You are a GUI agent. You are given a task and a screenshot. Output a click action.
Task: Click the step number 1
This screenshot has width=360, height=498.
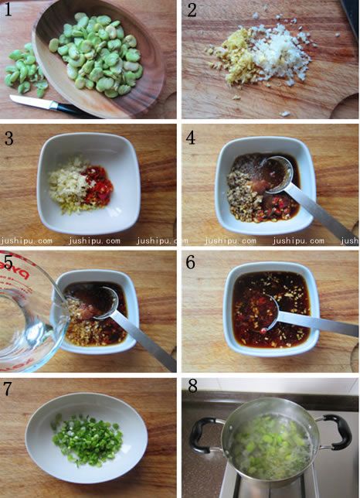pyautogui.click(x=8, y=10)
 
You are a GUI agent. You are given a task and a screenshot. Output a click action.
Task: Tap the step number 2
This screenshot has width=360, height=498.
pyautogui.click(x=192, y=10)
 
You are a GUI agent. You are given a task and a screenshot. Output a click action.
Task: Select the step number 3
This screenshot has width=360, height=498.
pyautogui.click(x=8, y=138)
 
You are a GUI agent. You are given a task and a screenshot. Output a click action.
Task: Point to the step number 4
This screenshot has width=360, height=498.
pyautogui.click(x=191, y=138)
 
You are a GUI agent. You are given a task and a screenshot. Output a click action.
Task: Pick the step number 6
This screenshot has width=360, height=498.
pyautogui.click(x=190, y=262)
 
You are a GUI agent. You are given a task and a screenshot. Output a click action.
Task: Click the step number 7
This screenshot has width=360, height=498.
pyautogui.click(x=7, y=390)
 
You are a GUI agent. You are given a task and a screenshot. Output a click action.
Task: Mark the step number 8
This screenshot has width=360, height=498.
pyautogui.click(x=193, y=387)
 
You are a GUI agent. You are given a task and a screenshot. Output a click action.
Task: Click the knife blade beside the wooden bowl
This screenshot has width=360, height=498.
pyautogui.click(x=31, y=102)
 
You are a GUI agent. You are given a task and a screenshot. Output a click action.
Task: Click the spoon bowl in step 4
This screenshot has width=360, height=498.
pyautogui.click(x=277, y=175)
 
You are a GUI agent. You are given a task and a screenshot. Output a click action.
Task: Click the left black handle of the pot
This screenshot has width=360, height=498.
pyautogui.click(x=203, y=436)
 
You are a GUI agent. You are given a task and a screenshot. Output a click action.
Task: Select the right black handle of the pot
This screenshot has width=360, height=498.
pyautogui.click(x=337, y=432)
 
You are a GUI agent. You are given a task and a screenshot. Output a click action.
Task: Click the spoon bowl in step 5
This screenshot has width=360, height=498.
pyautogui.click(x=102, y=302)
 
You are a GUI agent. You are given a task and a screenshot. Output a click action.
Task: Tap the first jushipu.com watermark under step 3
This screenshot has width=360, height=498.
pyautogui.click(x=26, y=240)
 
